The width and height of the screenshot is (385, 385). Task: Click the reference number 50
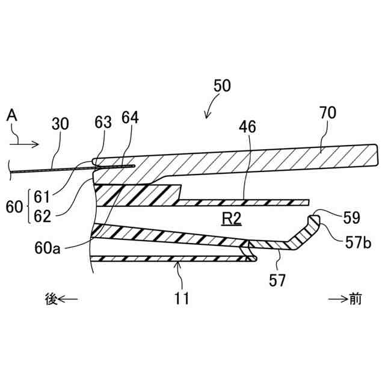pyautogui.click(x=222, y=85)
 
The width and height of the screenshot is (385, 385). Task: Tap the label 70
pyautogui.click(x=328, y=112)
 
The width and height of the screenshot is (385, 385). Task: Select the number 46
pyautogui.click(x=247, y=126)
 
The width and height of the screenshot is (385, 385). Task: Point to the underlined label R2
pyautogui.click(x=231, y=220)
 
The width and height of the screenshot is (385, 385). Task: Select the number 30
pyautogui.click(x=60, y=124)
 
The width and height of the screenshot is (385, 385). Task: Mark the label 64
pyautogui.click(x=129, y=118)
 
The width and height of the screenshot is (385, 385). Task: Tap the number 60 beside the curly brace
pyautogui.click(x=13, y=206)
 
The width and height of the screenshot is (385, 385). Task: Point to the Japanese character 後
pyautogui.click(x=52, y=298)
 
